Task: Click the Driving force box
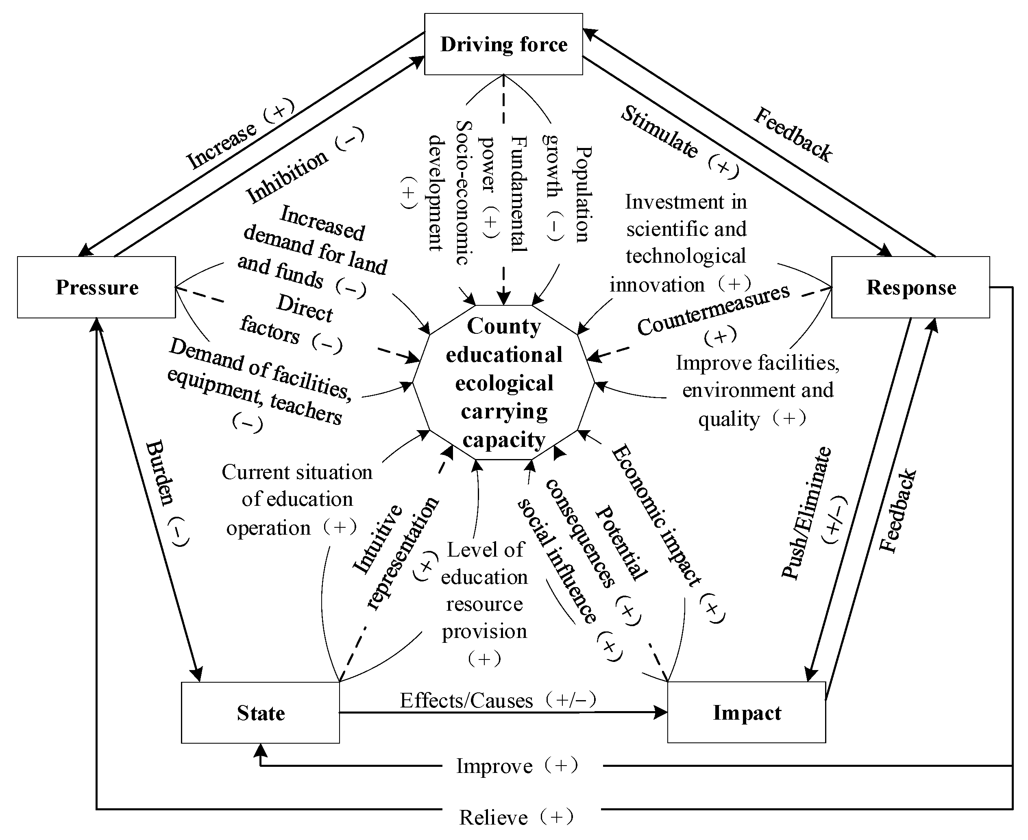[503, 44]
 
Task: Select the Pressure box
[96, 287]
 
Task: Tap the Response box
[910, 287]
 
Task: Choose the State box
[260, 713]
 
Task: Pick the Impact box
[746, 713]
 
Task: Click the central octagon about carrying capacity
[503, 382]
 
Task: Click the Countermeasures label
[713, 310]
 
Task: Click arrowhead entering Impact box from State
[661, 712]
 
